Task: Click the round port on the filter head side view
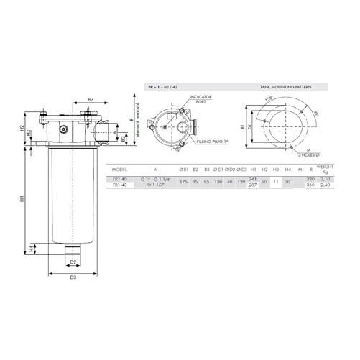[63, 130]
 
